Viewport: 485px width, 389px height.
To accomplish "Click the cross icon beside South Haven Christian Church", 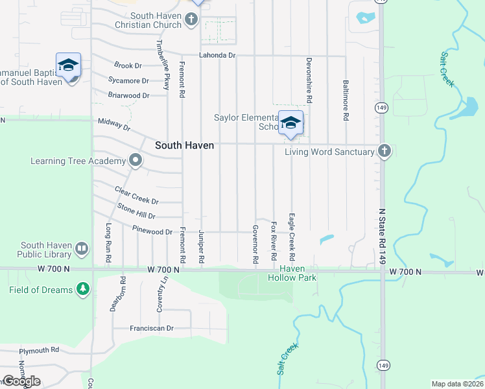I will coord(191,19).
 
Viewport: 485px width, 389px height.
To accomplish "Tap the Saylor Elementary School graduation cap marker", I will coord(291,122).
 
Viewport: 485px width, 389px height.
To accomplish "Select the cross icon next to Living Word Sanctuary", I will coord(384,152).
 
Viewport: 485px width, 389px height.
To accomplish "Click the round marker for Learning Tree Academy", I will coord(135,160).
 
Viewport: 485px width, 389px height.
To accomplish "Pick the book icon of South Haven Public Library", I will coord(82,248).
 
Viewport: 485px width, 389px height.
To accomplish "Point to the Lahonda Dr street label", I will coord(217,56).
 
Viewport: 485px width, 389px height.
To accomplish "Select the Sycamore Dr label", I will coord(128,81).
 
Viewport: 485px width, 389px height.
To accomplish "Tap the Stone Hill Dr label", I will coord(136,211).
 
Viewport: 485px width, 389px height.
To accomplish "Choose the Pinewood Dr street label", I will coord(152,231).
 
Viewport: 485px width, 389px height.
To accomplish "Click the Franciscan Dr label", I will coord(152,329).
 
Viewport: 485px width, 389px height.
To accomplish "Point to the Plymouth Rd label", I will coord(39,350).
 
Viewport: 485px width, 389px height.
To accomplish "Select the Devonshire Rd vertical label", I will coord(309,80).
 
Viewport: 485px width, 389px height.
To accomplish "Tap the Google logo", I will coord(21,381).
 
